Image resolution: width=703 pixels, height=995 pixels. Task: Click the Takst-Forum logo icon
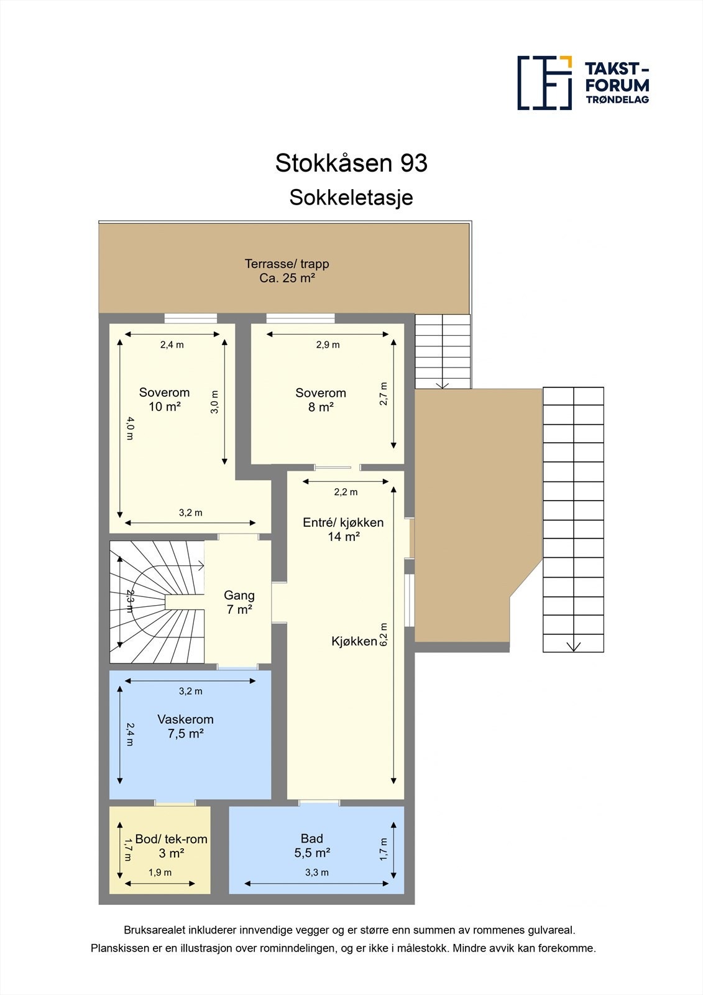tap(544, 83)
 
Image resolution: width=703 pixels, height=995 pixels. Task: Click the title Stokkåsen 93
tap(351, 164)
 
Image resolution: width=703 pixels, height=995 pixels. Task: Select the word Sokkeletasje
tap(351, 198)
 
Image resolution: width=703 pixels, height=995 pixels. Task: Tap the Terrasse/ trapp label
tap(287, 271)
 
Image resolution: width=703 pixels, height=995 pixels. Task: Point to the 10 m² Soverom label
tap(164, 399)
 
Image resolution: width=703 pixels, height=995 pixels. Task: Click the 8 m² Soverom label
tap(320, 400)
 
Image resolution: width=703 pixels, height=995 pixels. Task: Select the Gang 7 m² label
tap(239, 602)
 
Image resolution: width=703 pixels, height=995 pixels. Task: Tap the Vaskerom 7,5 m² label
tap(185, 726)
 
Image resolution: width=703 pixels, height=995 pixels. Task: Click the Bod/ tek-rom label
tap(171, 846)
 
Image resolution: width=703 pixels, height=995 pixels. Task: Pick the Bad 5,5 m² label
tap(312, 846)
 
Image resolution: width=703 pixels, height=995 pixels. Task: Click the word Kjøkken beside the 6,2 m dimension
tap(354, 641)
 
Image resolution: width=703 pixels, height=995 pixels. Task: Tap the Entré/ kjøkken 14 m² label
tap(343, 529)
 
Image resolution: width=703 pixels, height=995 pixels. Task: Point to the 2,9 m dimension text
tap(328, 345)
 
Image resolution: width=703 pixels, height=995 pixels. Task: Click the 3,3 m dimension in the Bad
tap(316, 872)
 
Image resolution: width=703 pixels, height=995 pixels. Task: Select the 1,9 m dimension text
tap(160, 872)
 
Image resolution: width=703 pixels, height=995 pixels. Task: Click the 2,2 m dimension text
tap(346, 492)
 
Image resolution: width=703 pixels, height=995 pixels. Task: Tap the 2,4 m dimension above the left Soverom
tap(172, 345)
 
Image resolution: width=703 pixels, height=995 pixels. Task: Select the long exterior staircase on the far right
tap(573, 519)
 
